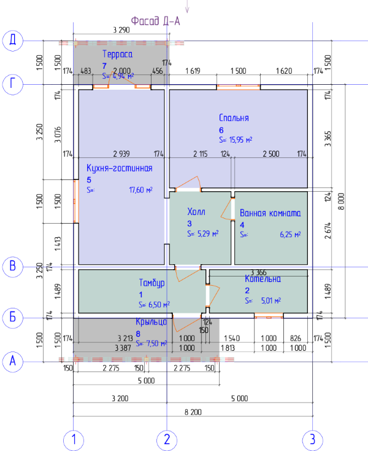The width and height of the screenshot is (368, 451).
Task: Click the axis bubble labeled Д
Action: coord(12,41)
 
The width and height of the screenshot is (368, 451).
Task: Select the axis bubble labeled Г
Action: coord(12,84)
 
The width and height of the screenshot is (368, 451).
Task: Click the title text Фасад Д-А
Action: coord(156,20)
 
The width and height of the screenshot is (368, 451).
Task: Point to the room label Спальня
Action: coord(234,117)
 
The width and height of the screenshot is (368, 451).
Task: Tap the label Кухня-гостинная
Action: coord(119,167)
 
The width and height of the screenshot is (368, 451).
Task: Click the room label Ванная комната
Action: coord(270,213)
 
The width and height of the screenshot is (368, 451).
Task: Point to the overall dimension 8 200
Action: coord(193,412)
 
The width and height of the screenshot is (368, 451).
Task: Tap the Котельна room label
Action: coord(263,278)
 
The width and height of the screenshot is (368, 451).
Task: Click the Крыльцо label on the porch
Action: coord(151,321)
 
